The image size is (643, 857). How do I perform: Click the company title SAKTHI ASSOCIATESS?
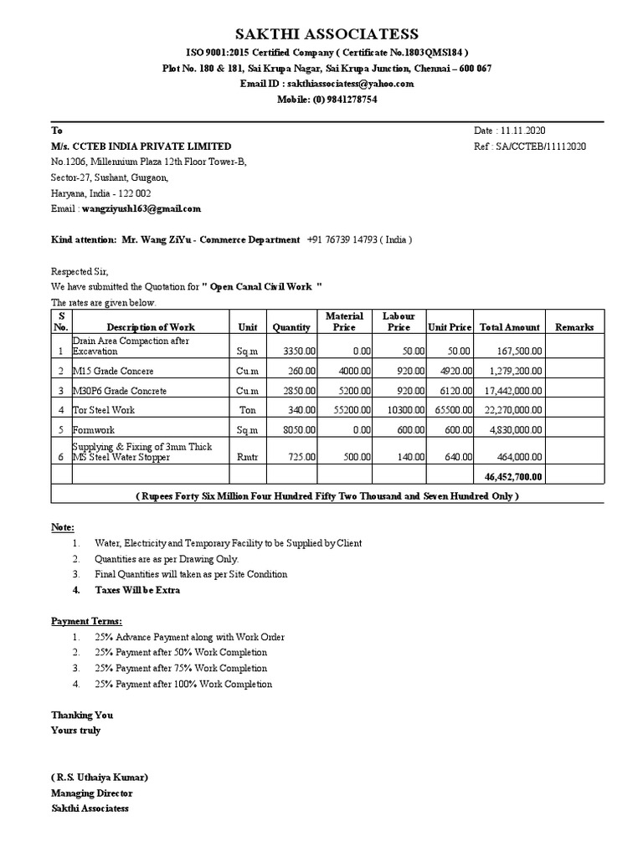click(x=327, y=34)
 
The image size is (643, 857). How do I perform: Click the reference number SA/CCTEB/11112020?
click(x=541, y=146)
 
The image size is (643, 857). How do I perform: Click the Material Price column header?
click(x=344, y=321)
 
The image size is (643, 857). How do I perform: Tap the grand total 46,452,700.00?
click(x=512, y=476)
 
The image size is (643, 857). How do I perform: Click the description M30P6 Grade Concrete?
click(x=120, y=391)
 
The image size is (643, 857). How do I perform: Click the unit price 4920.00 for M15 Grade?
click(x=453, y=371)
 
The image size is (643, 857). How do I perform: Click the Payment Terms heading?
click(x=86, y=621)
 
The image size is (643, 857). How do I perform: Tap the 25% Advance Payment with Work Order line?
click(x=189, y=637)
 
